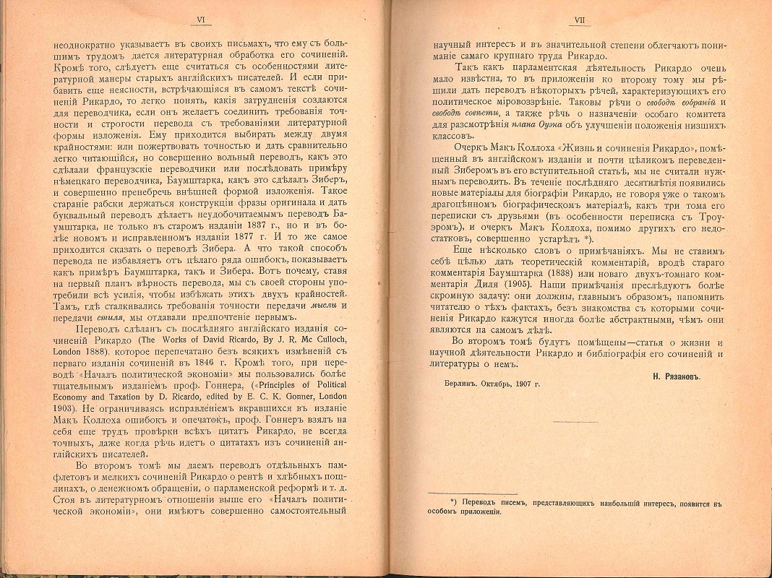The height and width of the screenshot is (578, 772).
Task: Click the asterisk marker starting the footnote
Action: (x=453, y=499)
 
